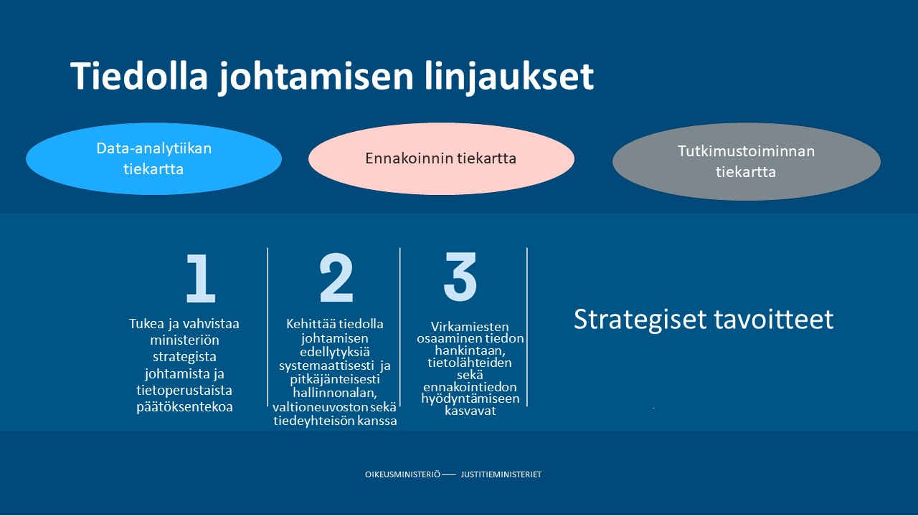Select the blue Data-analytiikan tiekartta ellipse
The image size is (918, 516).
[x=153, y=159]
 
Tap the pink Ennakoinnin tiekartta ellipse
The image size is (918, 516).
[x=441, y=158]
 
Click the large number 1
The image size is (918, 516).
[x=200, y=279]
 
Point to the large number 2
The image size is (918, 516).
[x=336, y=278]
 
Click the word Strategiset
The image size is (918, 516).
[x=640, y=320]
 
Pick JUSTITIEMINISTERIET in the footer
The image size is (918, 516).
[x=501, y=475]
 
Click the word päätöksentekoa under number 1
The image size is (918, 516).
[x=185, y=407]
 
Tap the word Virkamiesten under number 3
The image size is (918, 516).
[x=470, y=326]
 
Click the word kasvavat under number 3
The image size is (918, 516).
[x=470, y=411]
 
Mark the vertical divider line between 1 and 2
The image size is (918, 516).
[x=268, y=326]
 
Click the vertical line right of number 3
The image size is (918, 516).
[x=527, y=326]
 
